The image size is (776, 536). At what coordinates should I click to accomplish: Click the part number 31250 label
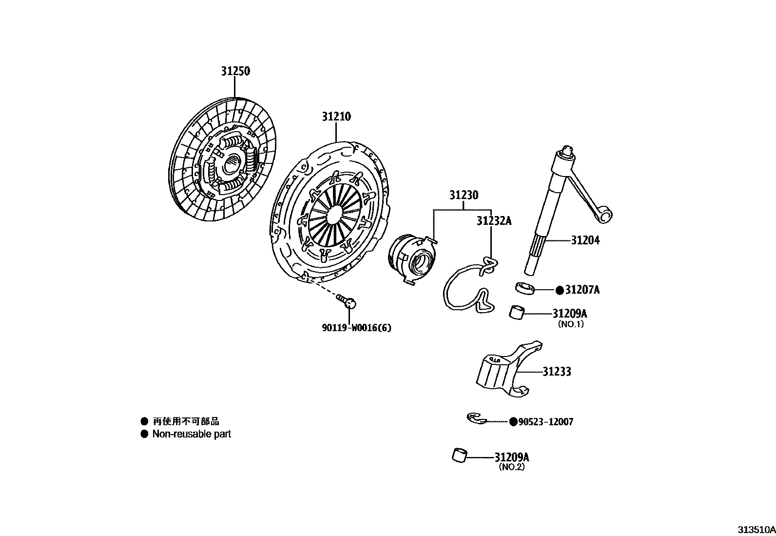tap(235, 71)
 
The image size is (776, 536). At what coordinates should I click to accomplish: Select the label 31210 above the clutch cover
tap(336, 117)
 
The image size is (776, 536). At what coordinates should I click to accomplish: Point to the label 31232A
tap(494, 221)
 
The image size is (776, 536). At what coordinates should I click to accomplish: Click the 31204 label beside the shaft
tap(585, 240)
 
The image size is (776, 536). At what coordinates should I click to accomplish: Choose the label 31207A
tap(582, 290)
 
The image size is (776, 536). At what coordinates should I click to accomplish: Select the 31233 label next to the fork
tap(557, 372)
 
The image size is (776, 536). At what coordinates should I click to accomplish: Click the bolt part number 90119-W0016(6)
tap(356, 328)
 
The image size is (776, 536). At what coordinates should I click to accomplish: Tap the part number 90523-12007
tap(545, 422)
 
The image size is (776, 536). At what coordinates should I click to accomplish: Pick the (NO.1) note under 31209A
tap(570, 324)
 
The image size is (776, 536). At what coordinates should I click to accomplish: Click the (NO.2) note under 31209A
tap(511, 467)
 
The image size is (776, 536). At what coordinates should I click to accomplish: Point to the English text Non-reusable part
tap(192, 434)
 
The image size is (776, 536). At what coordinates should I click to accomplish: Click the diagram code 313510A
tap(756, 530)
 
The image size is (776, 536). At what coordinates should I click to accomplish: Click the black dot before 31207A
tap(559, 290)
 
